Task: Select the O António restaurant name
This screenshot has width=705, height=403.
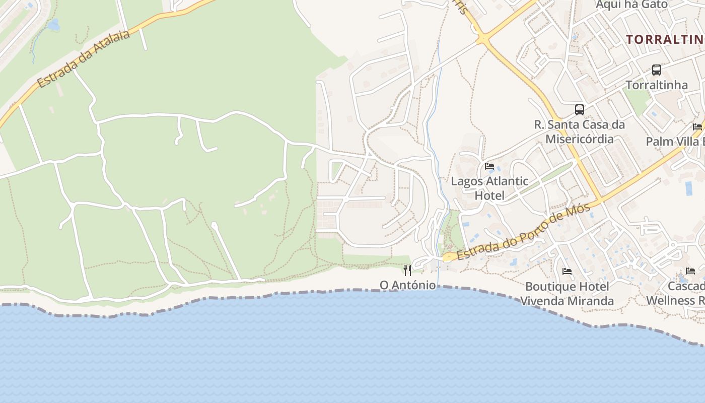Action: (x=408, y=285)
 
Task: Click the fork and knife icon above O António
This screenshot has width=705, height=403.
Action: (x=407, y=271)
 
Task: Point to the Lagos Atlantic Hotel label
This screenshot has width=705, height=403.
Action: (x=489, y=188)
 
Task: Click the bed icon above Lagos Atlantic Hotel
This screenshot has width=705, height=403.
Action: (x=489, y=166)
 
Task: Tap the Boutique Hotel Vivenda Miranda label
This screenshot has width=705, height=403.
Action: (x=567, y=294)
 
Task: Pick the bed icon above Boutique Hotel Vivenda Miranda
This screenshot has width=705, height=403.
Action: (x=567, y=272)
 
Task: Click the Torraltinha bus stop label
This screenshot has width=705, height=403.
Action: (x=657, y=85)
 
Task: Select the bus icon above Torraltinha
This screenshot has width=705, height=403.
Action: (x=657, y=70)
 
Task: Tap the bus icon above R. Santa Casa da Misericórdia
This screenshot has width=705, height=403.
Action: (x=580, y=109)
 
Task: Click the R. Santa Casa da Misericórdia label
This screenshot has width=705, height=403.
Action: (x=580, y=131)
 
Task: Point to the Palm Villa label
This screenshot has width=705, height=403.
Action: (x=675, y=142)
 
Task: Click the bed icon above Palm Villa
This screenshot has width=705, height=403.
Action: (x=697, y=126)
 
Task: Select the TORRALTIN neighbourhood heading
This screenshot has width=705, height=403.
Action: (x=665, y=39)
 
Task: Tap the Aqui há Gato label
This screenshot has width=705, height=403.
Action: (x=631, y=5)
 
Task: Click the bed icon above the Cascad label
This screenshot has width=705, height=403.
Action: (x=690, y=271)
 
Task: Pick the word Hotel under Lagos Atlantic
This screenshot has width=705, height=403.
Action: (x=489, y=195)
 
